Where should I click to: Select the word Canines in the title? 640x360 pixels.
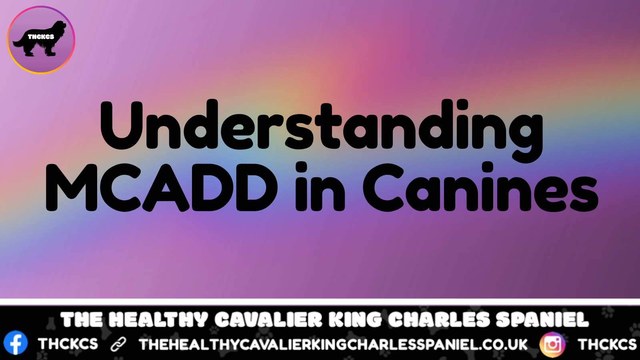point(480,187)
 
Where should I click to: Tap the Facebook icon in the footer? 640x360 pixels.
point(16,343)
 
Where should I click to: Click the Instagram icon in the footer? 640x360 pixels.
point(552,344)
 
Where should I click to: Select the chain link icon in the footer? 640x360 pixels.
point(118,344)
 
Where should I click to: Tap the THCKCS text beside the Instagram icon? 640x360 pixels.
point(607,344)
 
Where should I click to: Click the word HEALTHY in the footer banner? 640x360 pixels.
point(158,320)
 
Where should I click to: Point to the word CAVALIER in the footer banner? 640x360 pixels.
point(268,320)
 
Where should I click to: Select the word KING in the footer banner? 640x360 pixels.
point(355,320)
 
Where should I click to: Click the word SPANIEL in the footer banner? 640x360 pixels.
point(542,320)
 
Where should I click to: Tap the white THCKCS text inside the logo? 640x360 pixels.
point(41,37)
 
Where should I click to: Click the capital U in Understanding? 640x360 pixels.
point(122,125)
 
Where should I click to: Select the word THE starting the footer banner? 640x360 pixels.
point(82,320)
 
